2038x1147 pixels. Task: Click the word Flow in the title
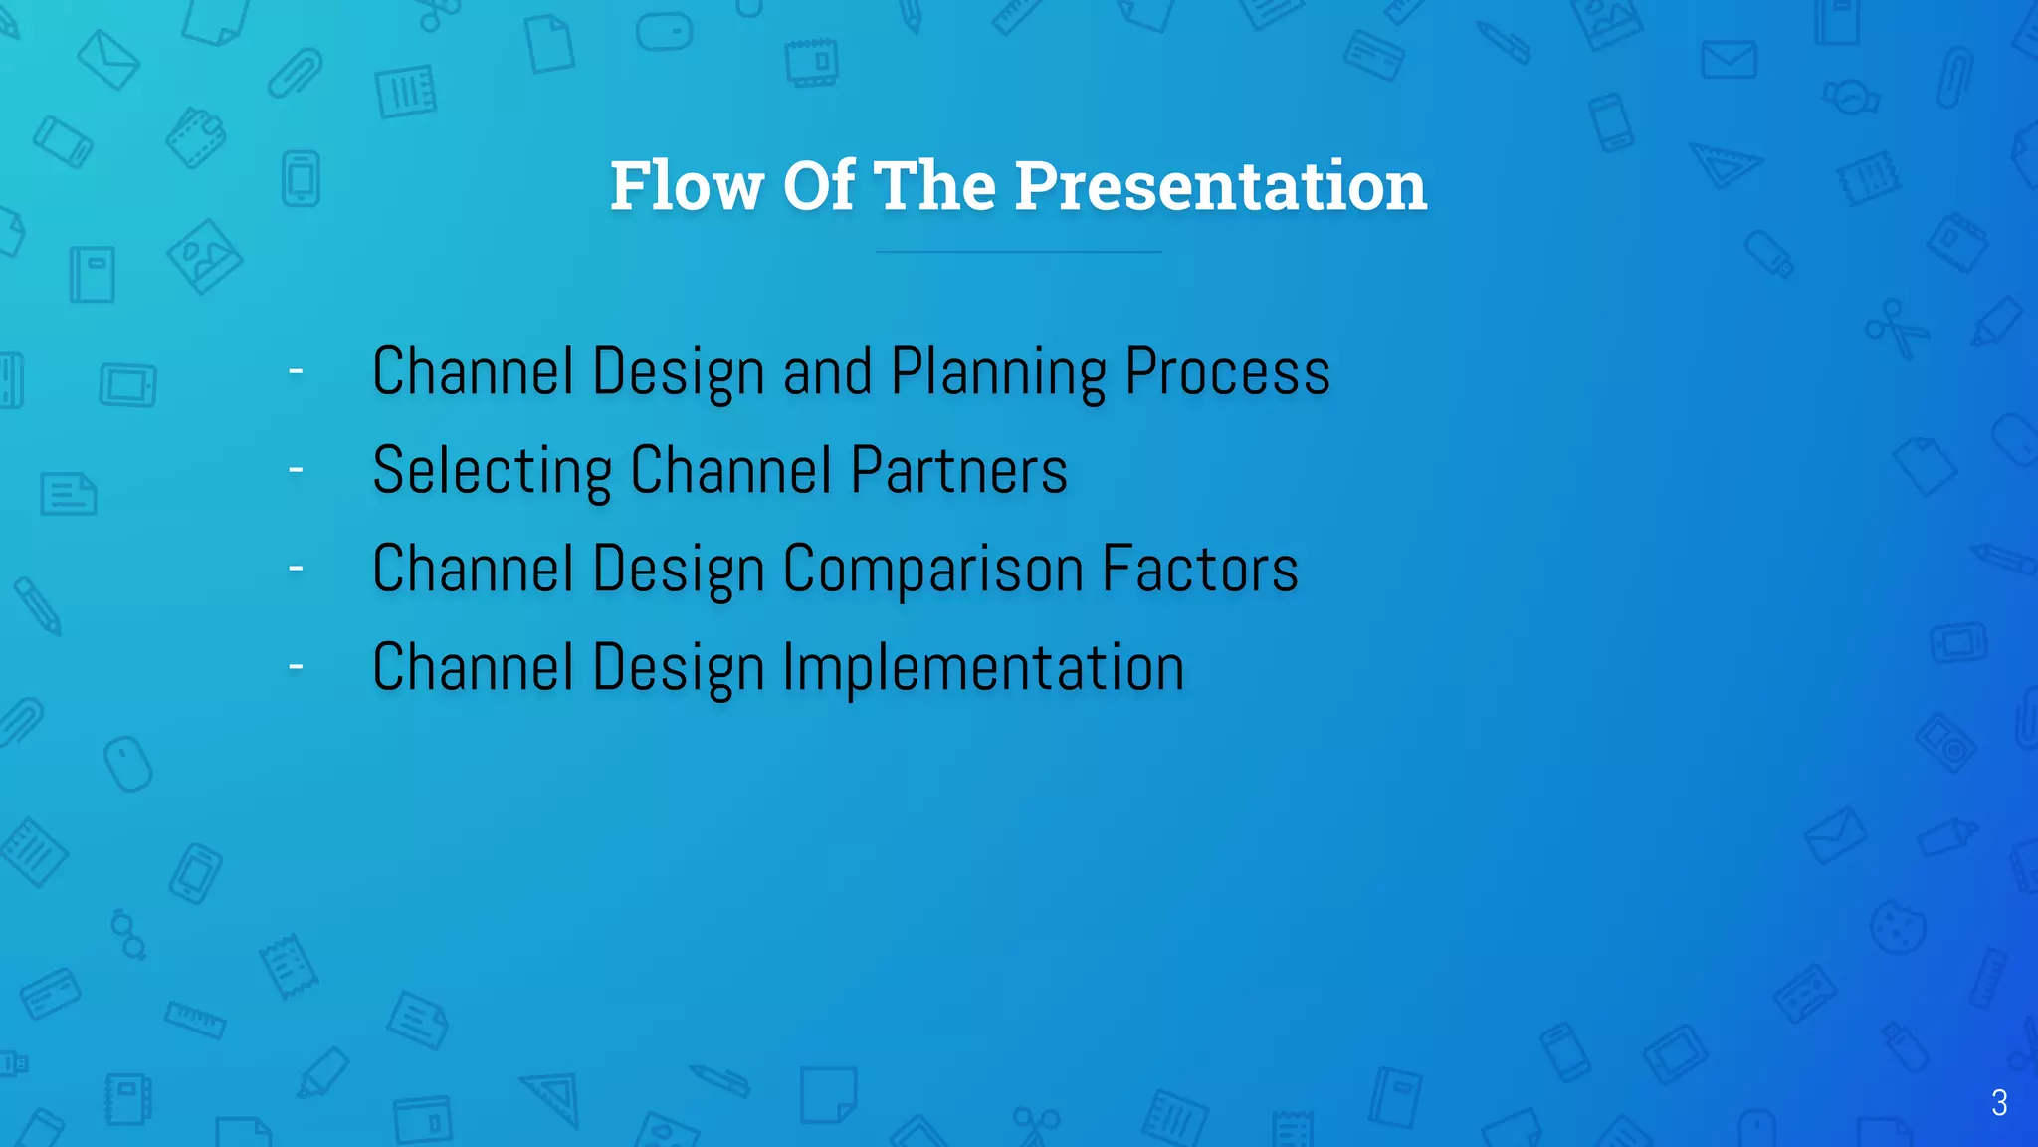coord(687,186)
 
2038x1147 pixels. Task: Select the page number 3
coord(1998,1102)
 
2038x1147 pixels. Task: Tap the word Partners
coord(958,471)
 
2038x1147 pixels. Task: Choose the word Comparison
coord(933,569)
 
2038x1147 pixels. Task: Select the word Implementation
coord(983,667)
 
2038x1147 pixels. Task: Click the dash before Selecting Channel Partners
coord(296,469)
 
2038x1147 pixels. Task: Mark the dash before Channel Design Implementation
coord(296,666)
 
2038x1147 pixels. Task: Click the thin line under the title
coord(1018,252)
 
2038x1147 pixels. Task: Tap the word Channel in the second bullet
coord(730,471)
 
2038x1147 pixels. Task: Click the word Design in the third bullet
coord(679,569)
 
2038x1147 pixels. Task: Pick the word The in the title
coord(934,186)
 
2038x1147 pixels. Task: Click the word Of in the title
coord(818,186)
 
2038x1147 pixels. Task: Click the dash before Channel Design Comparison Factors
coord(296,568)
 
